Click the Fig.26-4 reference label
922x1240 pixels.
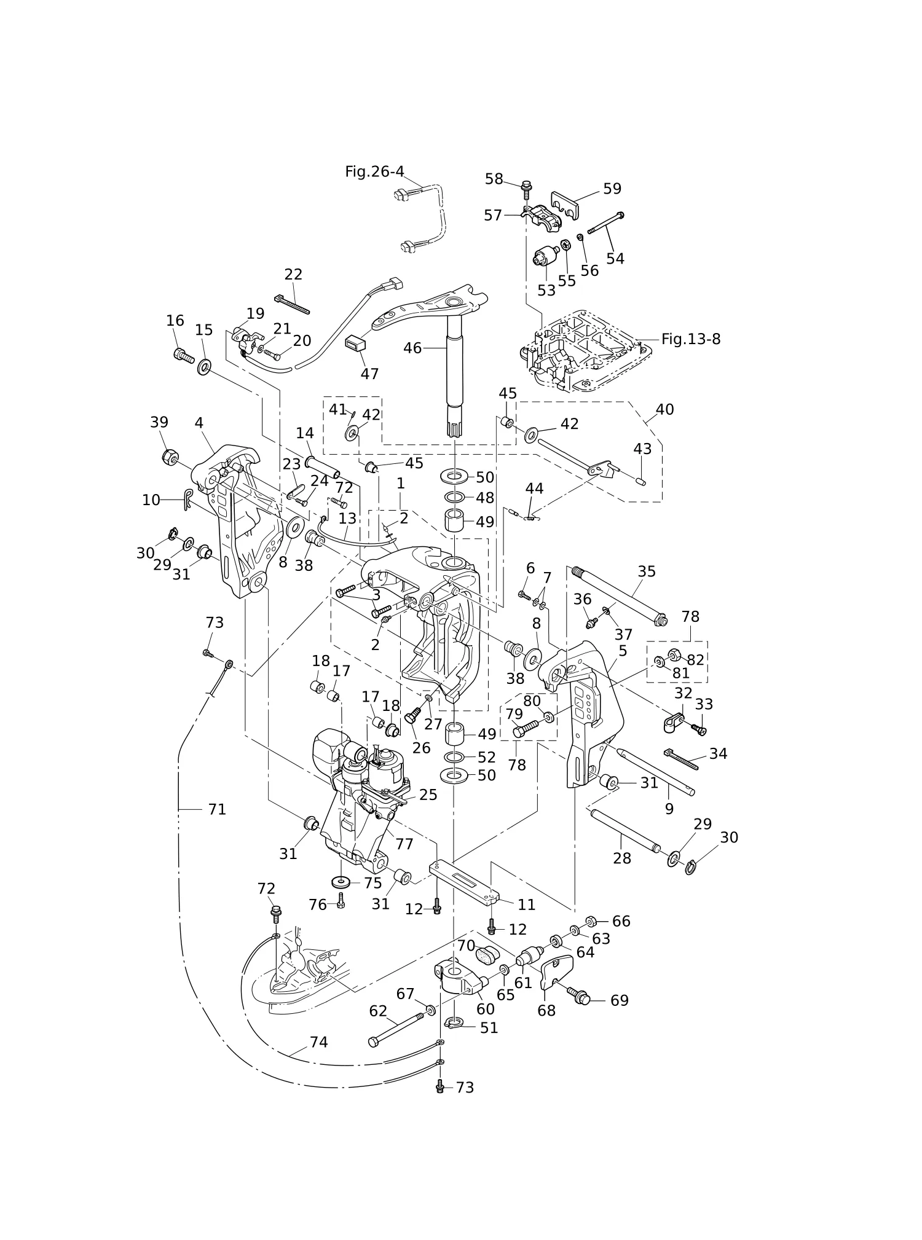pos(374,172)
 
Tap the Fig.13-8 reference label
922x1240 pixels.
pos(691,339)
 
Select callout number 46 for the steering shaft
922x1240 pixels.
pos(412,348)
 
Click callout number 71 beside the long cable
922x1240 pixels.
pos(217,810)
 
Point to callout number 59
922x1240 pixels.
pos(612,189)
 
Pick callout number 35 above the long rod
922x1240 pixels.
pos(647,571)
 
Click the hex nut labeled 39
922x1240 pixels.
pos(170,457)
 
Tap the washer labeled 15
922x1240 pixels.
pos(204,368)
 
